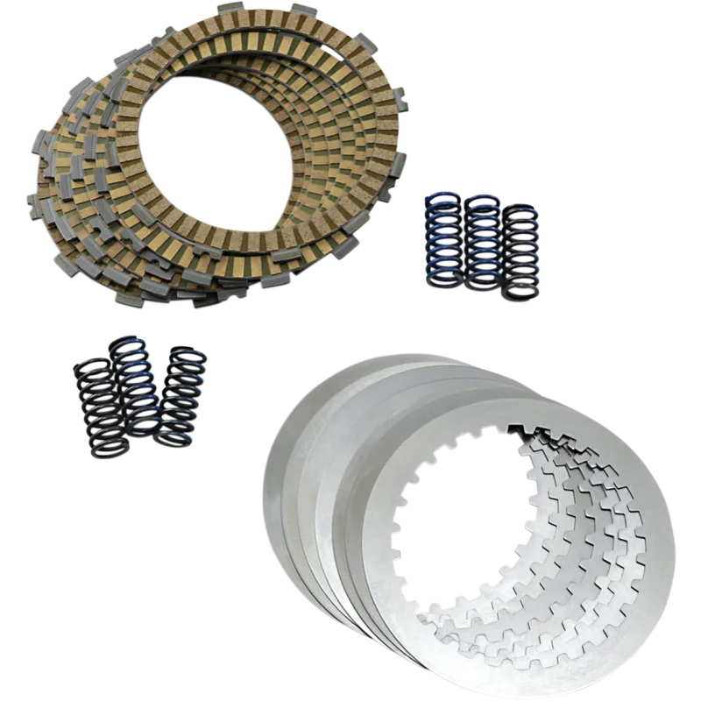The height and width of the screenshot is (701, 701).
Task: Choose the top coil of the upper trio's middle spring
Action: click(x=480, y=199)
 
